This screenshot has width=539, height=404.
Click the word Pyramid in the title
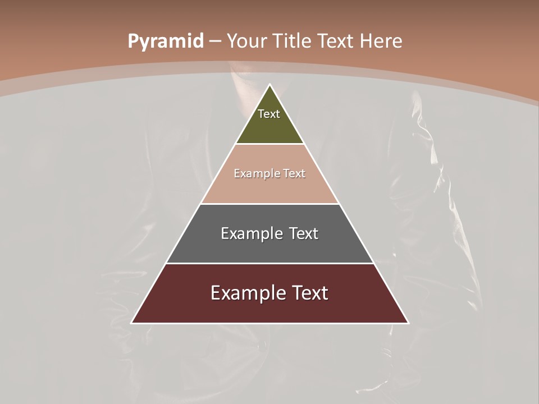pos(166,42)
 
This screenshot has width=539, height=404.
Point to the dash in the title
pos(215,42)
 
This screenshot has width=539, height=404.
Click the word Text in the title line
pos(336,42)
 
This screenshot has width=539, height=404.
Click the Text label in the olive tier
pos(269,114)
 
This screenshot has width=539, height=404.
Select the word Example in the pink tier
pos(255,174)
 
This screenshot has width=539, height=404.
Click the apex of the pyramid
pos(270,85)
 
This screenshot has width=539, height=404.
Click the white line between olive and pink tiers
pos(270,144)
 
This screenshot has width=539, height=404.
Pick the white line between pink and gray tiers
pos(270,204)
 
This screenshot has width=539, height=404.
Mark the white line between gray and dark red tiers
pos(270,263)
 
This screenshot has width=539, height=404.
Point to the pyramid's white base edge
pos(270,323)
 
